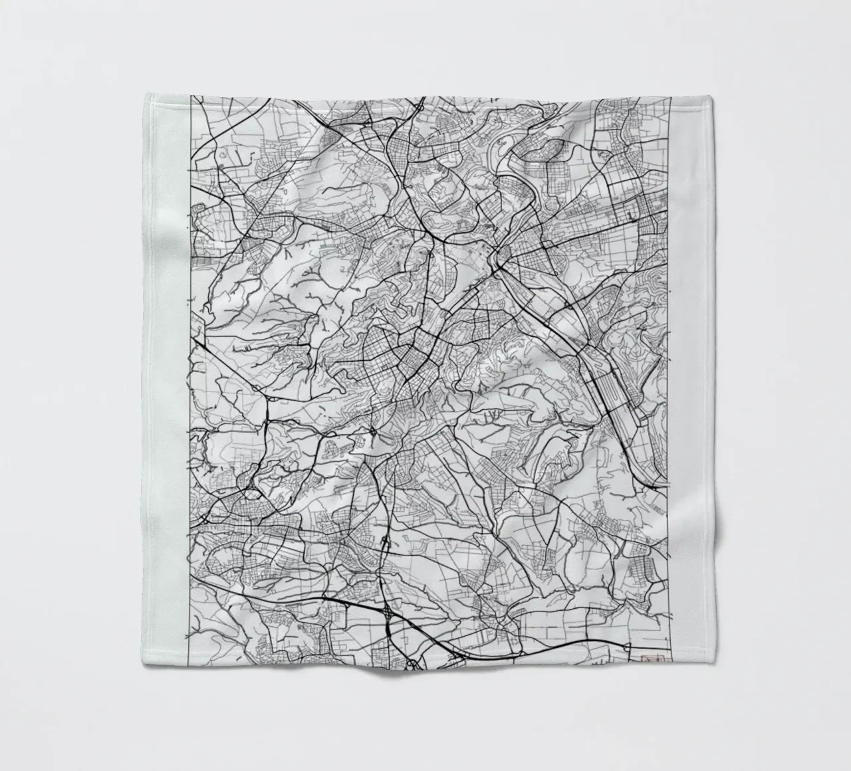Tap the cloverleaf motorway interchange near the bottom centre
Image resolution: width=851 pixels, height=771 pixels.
pyautogui.click(x=386, y=610)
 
